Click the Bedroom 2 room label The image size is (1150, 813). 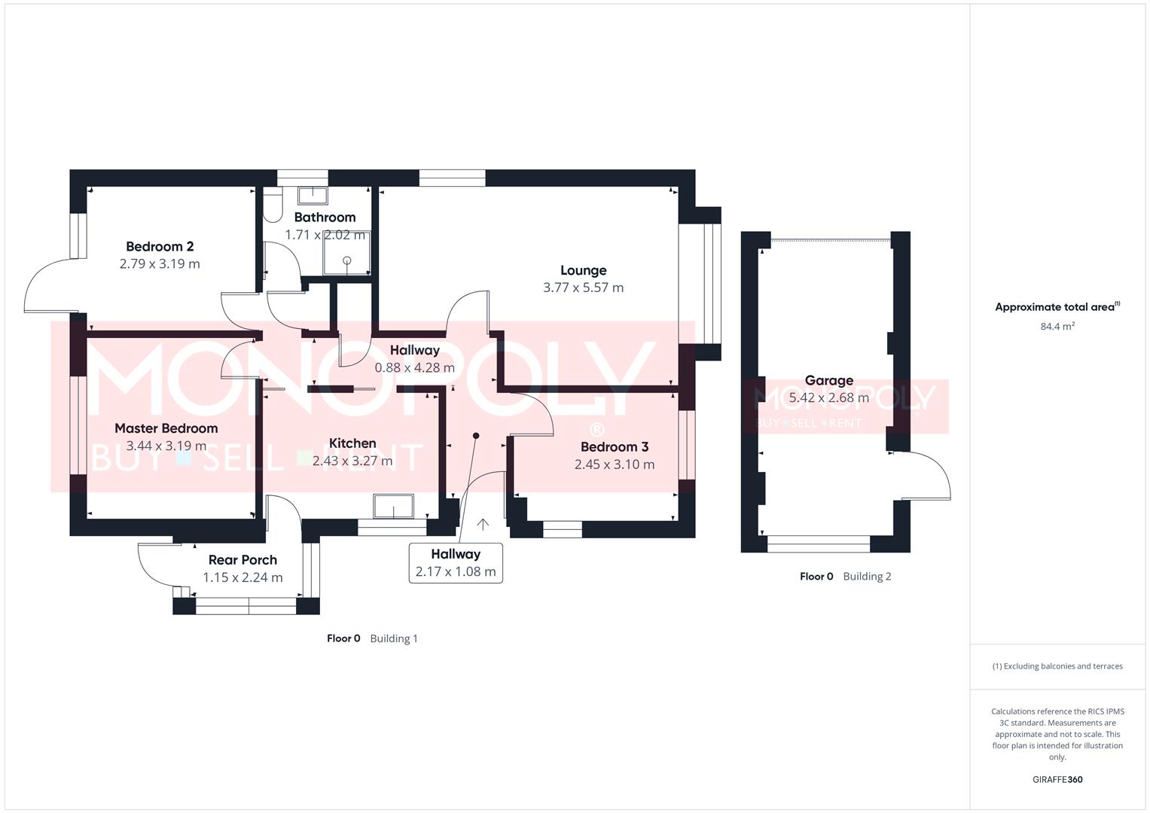click(160, 246)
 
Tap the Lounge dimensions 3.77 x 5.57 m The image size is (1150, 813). click(583, 288)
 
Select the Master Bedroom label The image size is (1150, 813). click(166, 428)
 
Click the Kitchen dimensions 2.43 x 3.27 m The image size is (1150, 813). click(352, 461)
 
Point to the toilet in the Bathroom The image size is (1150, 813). click(272, 204)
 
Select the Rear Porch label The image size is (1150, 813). click(243, 560)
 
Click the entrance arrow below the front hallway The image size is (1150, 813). click(482, 524)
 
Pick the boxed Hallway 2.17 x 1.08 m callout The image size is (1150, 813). click(456, 563)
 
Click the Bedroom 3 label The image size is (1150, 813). click(614, 447)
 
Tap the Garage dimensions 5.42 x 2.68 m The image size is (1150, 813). click(828, 397)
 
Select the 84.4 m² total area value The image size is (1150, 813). click(1057, 327)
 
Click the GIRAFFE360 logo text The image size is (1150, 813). click(1057, 779)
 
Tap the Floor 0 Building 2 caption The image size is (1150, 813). click(845, 577)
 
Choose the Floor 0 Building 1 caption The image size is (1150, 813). click(372, 638)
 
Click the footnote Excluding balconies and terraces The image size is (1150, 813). click(1057, 666)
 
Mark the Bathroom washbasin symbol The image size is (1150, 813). click(311, 196)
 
